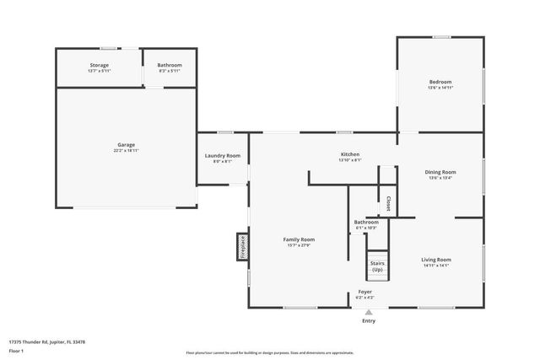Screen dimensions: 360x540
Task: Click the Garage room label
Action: coord(126,144)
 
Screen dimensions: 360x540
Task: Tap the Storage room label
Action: coord(100,65)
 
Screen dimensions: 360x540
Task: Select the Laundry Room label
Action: coord(223,155)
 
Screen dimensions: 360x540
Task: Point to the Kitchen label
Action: coord(350,154)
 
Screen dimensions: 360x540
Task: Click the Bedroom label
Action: coord(440,82)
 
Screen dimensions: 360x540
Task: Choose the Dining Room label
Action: coord(440,172)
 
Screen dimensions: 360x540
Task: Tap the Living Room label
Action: coord(436,260)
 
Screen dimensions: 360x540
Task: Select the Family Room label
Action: coord(299,239)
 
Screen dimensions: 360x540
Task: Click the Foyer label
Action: coord(365,292)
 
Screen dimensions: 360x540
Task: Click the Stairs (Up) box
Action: coord(376,266)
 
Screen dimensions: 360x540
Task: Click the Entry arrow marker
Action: coord(368,312)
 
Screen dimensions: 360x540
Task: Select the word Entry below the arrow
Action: coord(369,321)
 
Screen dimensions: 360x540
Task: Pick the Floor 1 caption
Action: coord(16,351)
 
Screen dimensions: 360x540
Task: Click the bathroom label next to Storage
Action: coord(170,65)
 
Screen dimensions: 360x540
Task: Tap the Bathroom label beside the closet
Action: coord(366,223)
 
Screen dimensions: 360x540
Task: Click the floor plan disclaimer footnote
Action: coord(270,352)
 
